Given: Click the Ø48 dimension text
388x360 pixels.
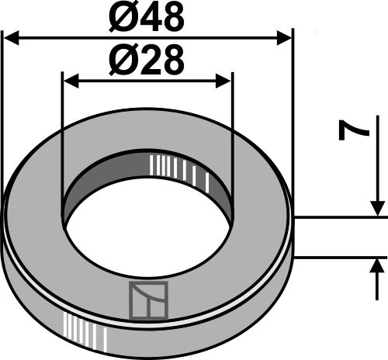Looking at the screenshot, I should [147, 16].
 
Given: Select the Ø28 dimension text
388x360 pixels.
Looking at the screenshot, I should [147, 61].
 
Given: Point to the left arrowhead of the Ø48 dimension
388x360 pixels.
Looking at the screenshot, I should [9, 36].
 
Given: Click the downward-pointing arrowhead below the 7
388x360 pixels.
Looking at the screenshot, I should [378, 208].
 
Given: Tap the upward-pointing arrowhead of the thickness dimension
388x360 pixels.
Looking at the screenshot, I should [378, 267].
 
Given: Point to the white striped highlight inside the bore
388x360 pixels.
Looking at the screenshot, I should [178, 168].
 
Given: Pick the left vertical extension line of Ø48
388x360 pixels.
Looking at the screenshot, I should [3, 109].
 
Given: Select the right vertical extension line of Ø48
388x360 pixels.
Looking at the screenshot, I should [292, 109].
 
